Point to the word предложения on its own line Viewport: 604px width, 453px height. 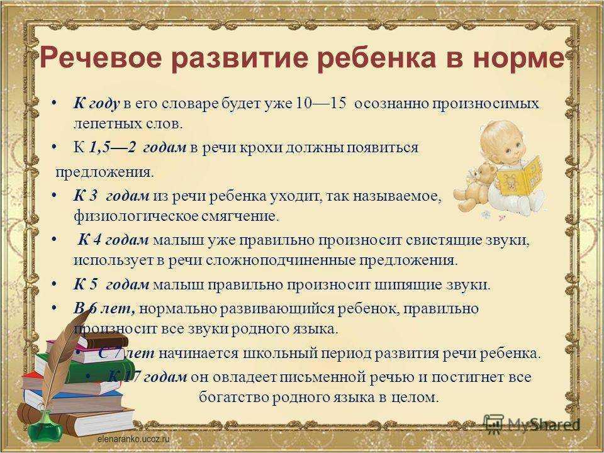104,171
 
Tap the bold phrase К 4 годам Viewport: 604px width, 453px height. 114,240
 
